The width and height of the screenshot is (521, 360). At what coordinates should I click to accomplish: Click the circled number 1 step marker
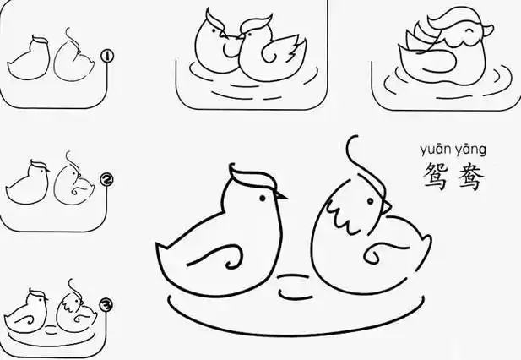pos(107,56)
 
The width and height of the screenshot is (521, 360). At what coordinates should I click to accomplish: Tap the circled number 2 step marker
pos(106,179)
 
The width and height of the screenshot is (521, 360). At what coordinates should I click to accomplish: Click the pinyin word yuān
pos(435,150)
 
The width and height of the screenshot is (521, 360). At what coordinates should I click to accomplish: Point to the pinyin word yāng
pos(470,150)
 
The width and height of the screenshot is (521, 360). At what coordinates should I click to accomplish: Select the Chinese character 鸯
pos(469,176)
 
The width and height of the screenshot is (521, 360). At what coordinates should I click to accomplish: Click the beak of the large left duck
pos(281,197)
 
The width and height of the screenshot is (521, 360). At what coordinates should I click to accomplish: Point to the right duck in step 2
pos(71,186)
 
